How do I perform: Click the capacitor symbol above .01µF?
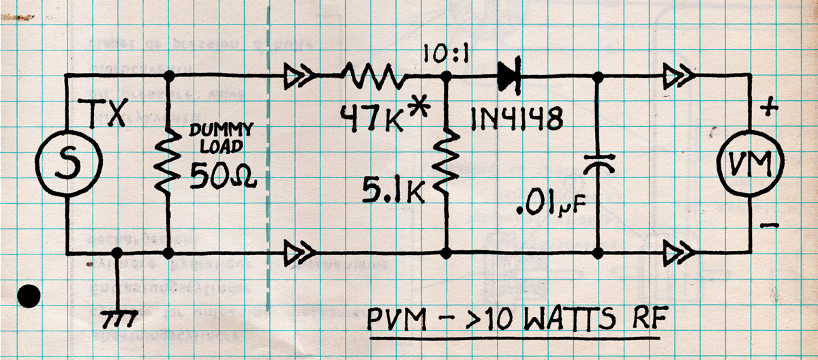[598, 162]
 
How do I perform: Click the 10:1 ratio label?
[443, 55]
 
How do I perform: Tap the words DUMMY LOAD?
[219, 136]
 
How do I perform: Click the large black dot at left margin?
[29, 295]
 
